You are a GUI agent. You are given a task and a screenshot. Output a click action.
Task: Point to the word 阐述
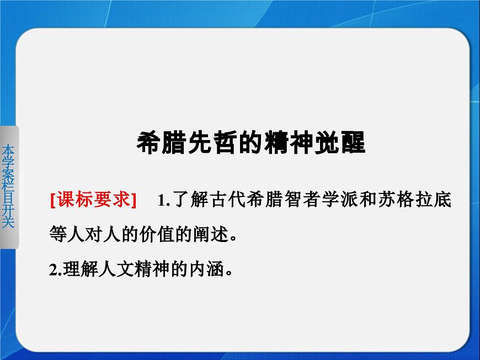[x=206, y=236]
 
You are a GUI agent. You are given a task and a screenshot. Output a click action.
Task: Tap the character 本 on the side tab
[x=8, y=151]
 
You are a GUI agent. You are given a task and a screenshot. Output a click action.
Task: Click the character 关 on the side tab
[x=8, y=222]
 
